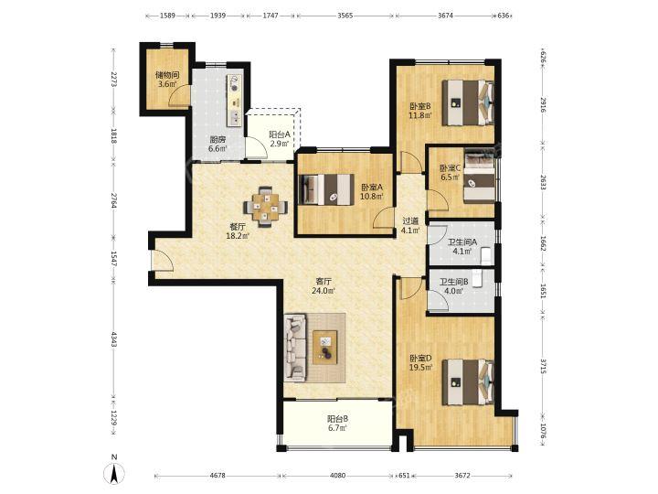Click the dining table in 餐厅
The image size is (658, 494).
pyautogui.click(x=266, y=207)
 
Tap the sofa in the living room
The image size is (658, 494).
pyautogui.click(x=294, y=347)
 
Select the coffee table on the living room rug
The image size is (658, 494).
pyautogui.click(x=324, y=348)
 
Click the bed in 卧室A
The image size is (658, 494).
pyautogui.click(x=325, y=189)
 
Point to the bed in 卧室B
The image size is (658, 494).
pyautogui.click(x=468, y=102)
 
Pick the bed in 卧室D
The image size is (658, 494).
pyautogui.click(x=468, y=381)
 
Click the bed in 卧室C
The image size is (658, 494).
pyautogui.click(x=479, y=178)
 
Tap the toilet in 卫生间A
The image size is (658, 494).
pyautogui.click(x=487, y=256)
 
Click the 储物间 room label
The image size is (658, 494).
pyautogui.click(x=167, y=75)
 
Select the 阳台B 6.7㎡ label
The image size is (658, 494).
pyautogui.click(x=337, y=424)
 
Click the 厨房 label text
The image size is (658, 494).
pyautogui.click(x=218, y=140)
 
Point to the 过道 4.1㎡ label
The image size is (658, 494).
pyautogui.click(x=410, y=226)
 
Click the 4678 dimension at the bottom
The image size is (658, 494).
pyautogui.click(x=218, y=476)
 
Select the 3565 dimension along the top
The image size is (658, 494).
pyautogui.click(x=345, y=16)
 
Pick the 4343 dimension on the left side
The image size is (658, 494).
pyautogui.click(x=113, y=339)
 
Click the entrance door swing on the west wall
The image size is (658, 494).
pyautogui.click(x=163, y=261)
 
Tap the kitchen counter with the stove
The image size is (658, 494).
pyautogui.click(x=234, y=101)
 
